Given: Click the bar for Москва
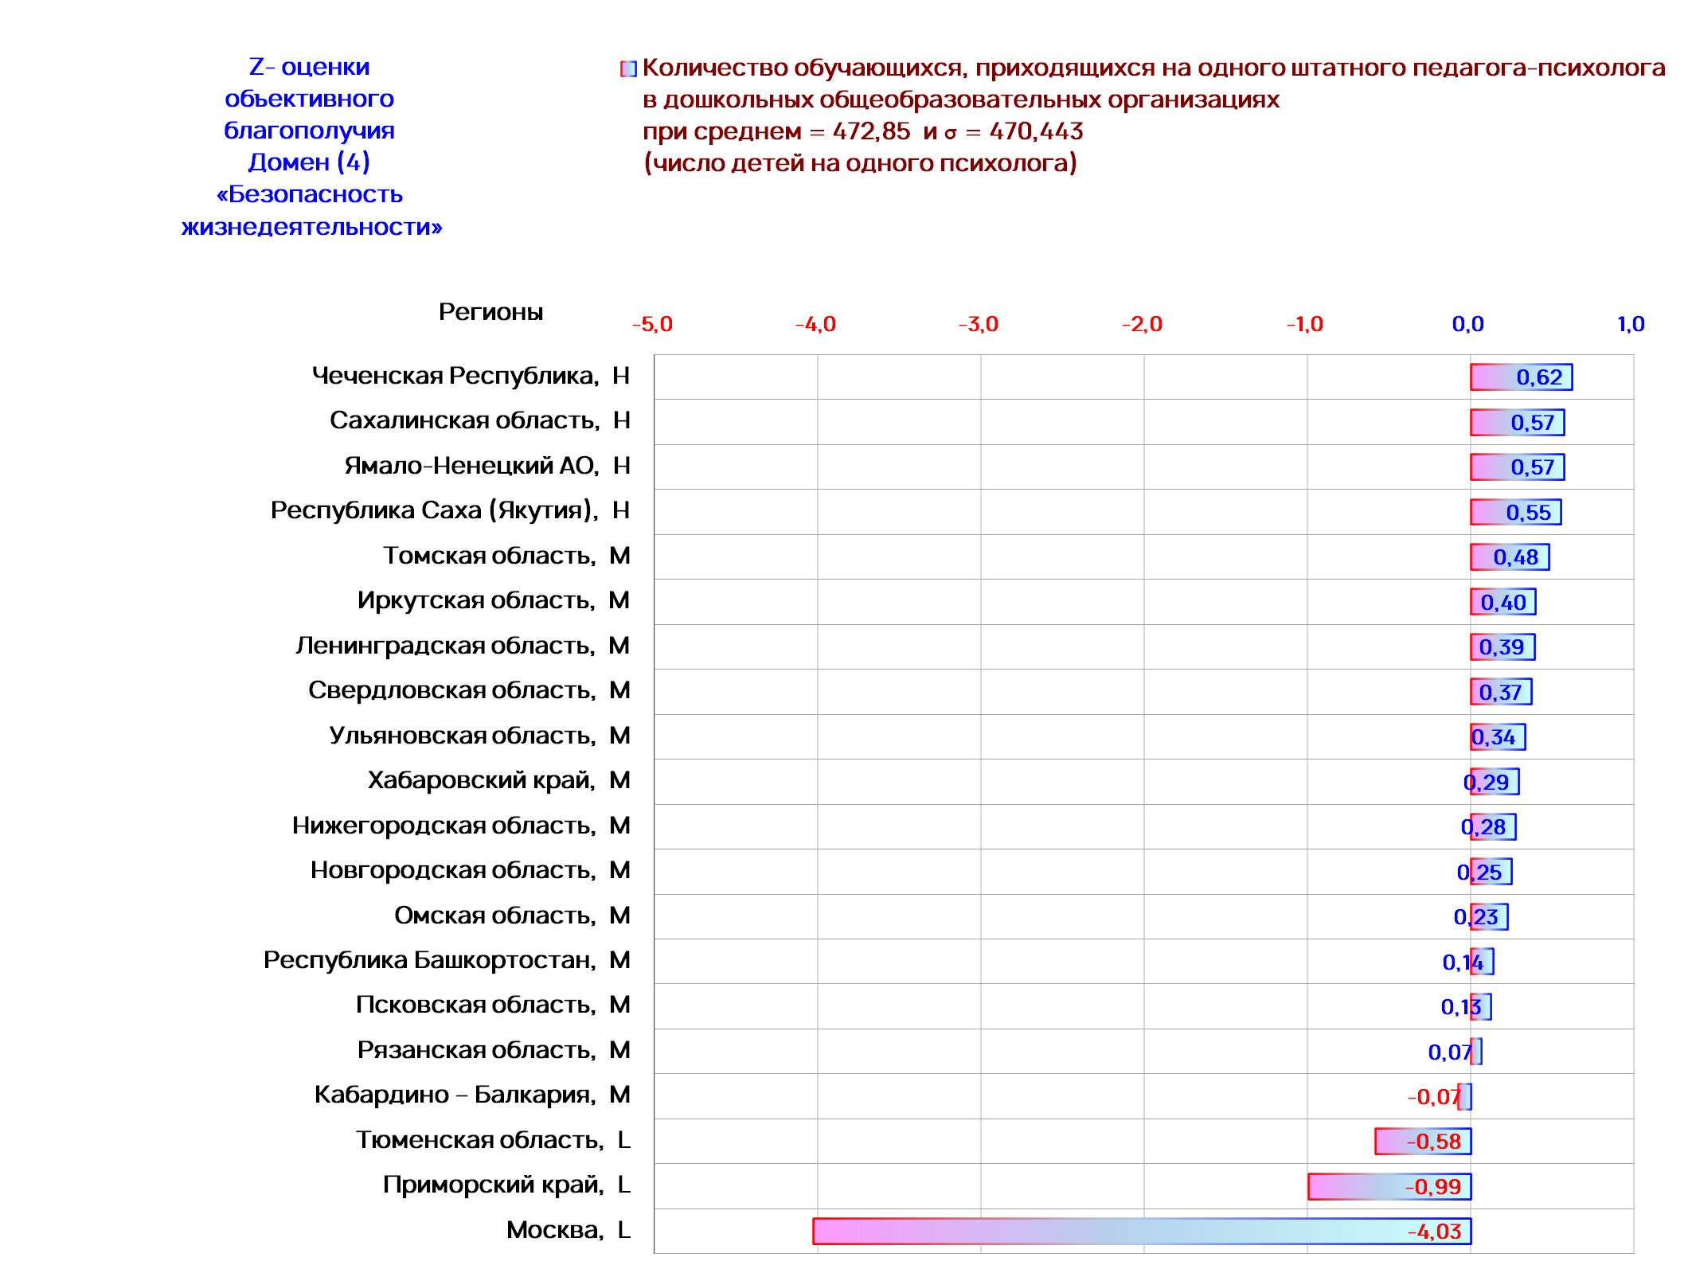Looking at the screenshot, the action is (x=1142, y=1231).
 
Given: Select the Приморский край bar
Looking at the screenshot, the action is (x=1389, y=1186).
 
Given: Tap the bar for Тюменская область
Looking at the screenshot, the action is (x=1423, y=1141).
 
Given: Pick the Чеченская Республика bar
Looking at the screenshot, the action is (x=1522, y=377).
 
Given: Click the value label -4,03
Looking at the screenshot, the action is (x=1434, y=1232).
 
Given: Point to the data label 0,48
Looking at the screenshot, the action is (x=1516, y=557).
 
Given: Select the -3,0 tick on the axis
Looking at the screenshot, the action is (x=978, y=324).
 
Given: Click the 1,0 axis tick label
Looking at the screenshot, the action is (x=1631, y=324).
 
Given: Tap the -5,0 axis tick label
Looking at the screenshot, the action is (x=652, y=324).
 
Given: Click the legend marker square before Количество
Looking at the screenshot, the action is (x=629, y=69).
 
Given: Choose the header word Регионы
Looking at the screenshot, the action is (x=490, y=312).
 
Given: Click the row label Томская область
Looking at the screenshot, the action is (x=489, y=556).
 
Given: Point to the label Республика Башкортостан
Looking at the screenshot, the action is (x=429, y=960).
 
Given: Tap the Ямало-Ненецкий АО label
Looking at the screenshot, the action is (x=471, y=466).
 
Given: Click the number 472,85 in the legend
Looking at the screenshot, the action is (x=871, y=131).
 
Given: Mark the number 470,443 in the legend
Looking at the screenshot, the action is (x=1036, y=131).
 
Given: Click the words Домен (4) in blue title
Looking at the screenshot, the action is (x=309, y=162).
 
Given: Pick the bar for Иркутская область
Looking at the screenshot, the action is (x=1503, y=602).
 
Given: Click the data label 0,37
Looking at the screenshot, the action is (x=1500, y=693).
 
